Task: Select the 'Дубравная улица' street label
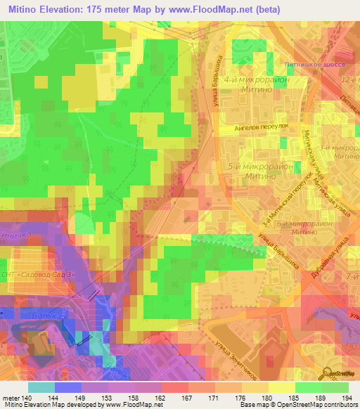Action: coord(329,261)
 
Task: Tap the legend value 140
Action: coord(27,398)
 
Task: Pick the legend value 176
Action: coord(231,398)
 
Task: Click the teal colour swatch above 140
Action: coord(41,387)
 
